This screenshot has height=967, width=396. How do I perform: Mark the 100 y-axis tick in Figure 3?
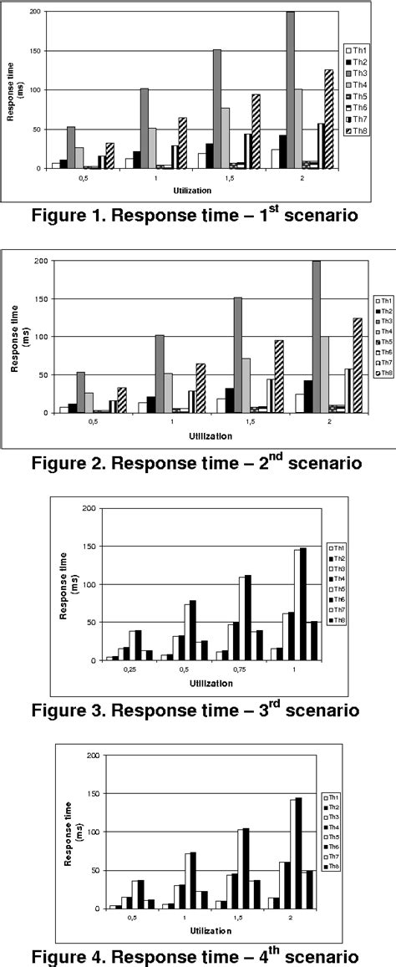[86, 584]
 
